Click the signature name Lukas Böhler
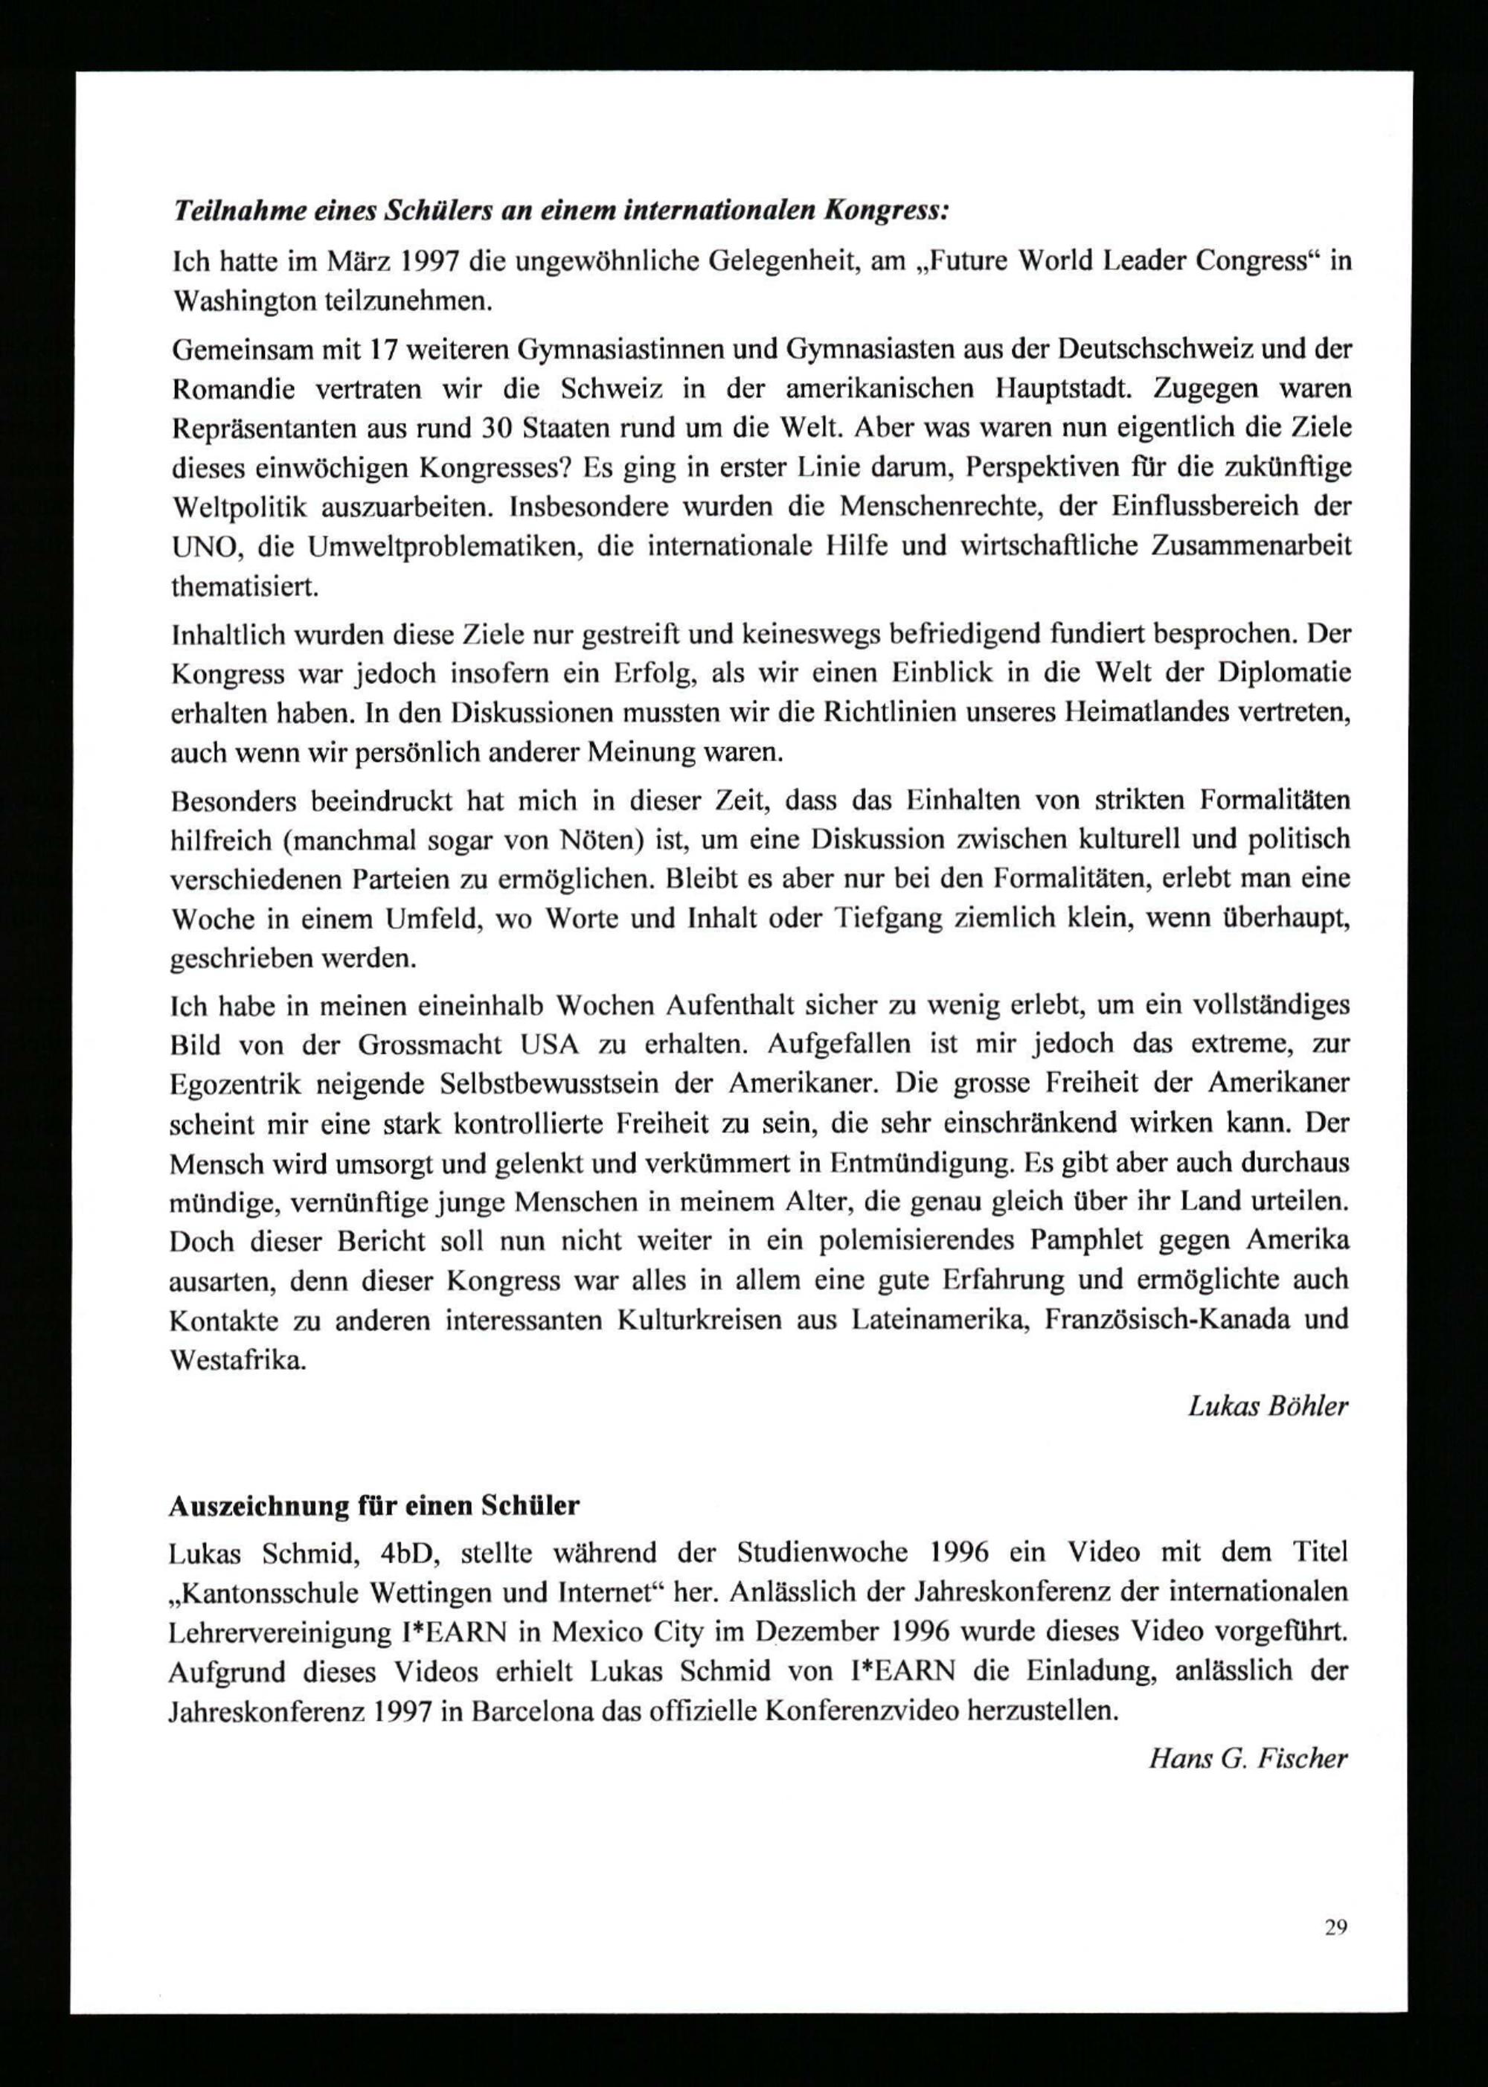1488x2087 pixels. (1267, 1406)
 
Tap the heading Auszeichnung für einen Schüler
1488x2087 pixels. (373, 1506)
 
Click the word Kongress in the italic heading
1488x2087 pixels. (887, 211)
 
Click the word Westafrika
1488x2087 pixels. (237, 1359)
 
